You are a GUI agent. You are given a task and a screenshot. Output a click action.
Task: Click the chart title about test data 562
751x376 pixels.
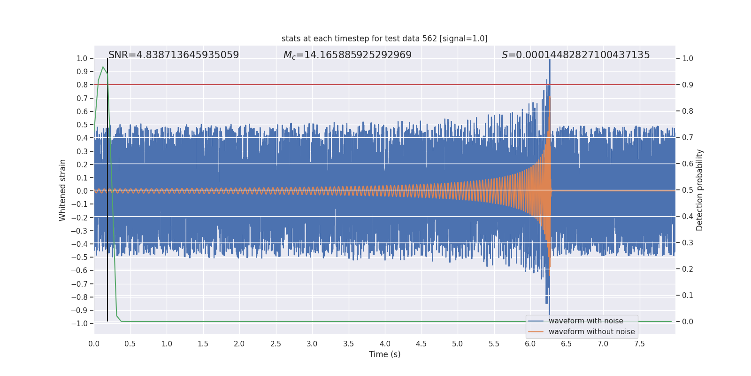coord(384,39)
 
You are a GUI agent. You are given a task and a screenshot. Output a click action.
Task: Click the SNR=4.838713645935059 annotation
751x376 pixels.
coord(174,55)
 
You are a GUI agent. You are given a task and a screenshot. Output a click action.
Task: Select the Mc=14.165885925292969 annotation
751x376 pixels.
coord(347,55)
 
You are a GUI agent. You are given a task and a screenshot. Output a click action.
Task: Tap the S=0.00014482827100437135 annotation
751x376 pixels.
coord(575,55)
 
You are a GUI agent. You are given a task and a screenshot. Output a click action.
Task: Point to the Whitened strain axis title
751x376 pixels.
coord(63,190)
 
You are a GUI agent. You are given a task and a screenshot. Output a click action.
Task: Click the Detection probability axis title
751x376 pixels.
coord(700,190)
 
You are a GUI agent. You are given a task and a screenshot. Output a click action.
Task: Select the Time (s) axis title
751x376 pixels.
coord(384,354)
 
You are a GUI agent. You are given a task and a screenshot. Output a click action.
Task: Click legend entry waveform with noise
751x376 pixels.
coord(586,321)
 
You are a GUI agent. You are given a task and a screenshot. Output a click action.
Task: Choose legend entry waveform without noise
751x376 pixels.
coord(591,332)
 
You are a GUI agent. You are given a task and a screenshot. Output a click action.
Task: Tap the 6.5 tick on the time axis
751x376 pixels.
coord(567,344)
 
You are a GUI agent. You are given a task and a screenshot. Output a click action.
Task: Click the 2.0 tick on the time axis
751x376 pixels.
coord(239,344)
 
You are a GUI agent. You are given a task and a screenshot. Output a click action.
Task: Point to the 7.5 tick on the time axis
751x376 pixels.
coord(639,344)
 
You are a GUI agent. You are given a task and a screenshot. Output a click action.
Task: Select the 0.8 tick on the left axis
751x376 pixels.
coord(83,85)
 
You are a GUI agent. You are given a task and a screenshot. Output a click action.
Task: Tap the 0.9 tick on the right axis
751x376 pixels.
coord(688,85)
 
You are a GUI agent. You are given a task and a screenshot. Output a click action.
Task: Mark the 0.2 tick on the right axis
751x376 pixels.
coord(688,269)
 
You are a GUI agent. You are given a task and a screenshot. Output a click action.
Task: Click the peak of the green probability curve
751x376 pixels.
coord(103,67)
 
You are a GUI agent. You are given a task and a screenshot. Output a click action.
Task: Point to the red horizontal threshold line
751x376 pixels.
coord(329,85)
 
